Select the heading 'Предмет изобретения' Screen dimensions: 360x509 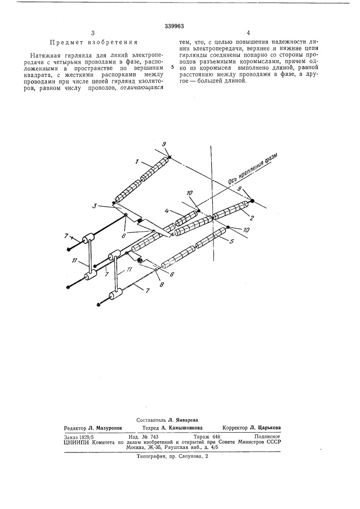point(94,42)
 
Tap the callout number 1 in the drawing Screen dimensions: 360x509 point(137,161)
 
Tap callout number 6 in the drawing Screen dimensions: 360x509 point(172,274)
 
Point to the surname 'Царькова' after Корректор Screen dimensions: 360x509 point(269,428)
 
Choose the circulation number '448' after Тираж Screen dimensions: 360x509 point(216,437)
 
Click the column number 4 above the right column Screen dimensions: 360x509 point(248,33)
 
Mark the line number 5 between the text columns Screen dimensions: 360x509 point(173,68)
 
